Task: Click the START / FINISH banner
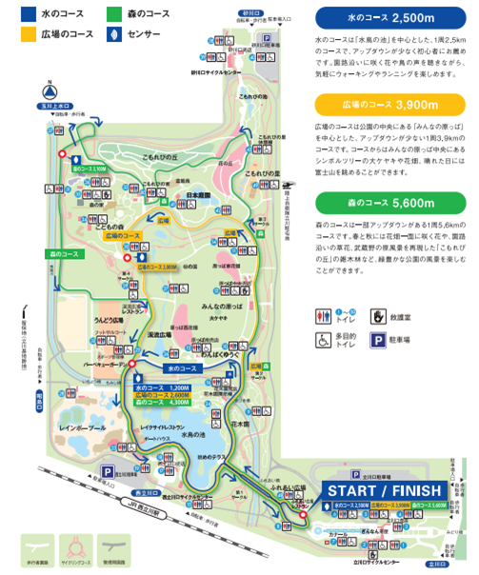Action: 384,490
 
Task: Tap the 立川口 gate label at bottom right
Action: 434,563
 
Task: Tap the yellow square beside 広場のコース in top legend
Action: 10,34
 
